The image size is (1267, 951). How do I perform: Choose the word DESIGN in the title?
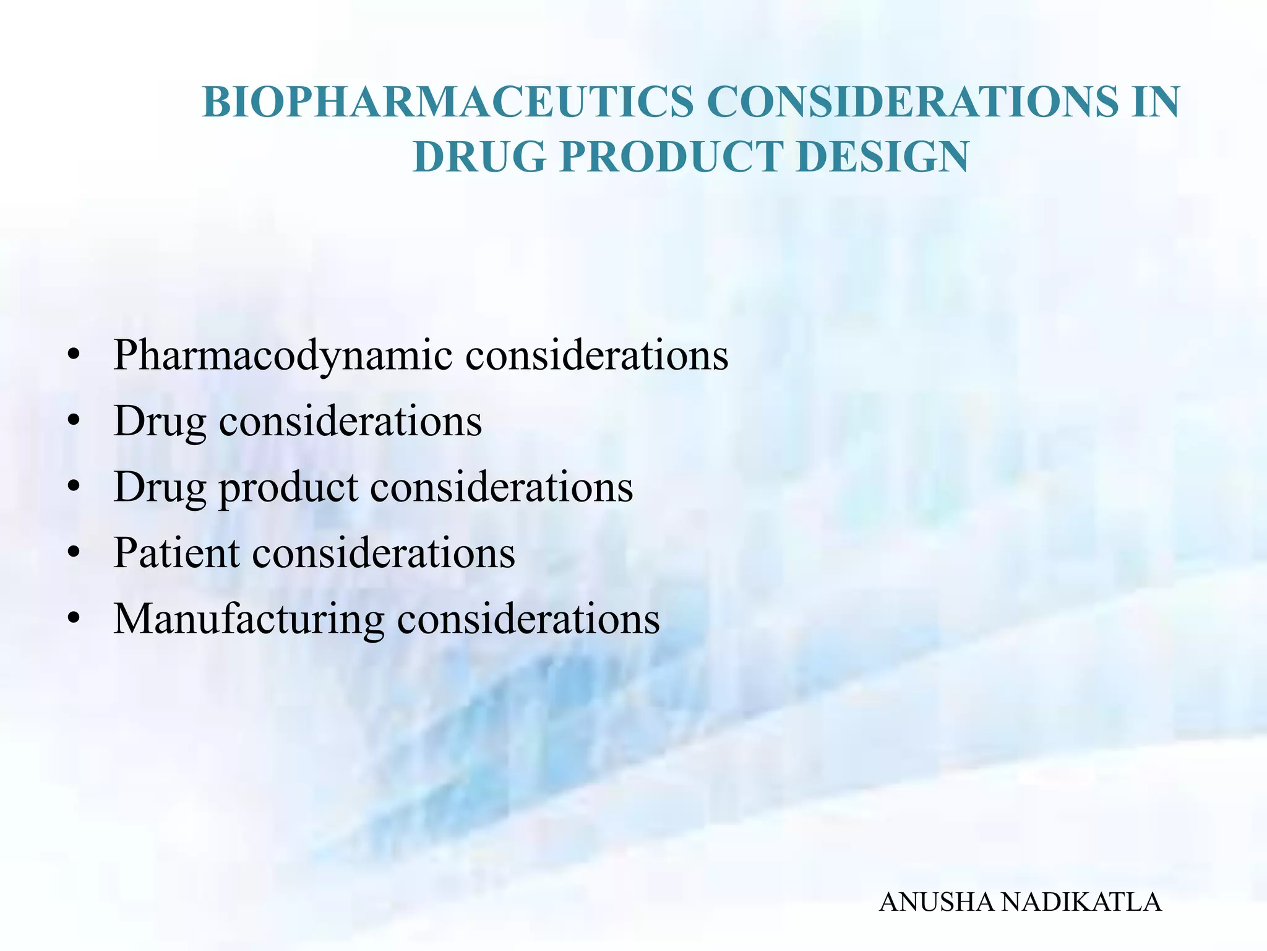coord(882,157)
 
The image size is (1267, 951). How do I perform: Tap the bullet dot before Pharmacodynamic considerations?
coord(74,357)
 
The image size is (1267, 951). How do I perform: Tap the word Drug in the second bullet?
coord(159,422)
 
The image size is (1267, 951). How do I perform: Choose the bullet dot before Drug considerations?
coord(74,423)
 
